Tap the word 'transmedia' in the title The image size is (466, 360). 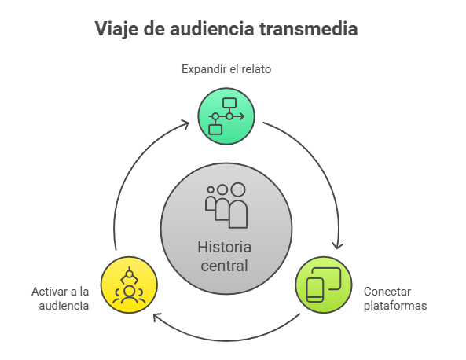click(x=309, y=29)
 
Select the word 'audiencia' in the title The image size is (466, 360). click(x=212, y=29)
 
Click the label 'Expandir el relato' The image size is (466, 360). click(x=226, y=69)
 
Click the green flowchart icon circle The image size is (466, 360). click(x=226, y=116)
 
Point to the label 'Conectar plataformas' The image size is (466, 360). click(x=395, y=299)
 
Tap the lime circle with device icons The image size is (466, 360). click(x=324, y=285)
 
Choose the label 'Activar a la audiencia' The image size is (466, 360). click(x=61, y=299)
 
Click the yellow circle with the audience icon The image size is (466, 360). click(x=129, y=285)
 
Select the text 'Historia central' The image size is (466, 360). click(x=225, y=256)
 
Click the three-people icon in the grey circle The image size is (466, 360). click(x=226, y=205)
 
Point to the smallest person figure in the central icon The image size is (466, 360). click(x=211, y=199)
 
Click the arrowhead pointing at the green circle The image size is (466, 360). click(x=185, y=124)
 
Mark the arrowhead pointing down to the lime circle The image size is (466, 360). click(x=337, y=245)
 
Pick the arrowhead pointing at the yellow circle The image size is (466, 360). click(x=157, y=317)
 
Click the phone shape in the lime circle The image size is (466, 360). click(x=315, y=290)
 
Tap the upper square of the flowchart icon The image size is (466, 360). click(x=229, y=104)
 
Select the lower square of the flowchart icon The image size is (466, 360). click(x=215, y=130)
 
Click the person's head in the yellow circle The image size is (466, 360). click(x=130, y=291)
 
